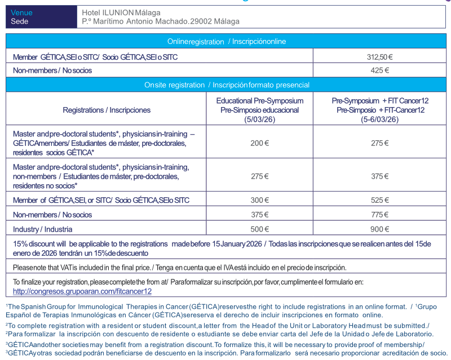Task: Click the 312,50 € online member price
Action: point(379,57)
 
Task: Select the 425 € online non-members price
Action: point(379,70)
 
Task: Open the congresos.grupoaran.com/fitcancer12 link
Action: point(82,291)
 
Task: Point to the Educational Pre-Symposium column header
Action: point(259,109)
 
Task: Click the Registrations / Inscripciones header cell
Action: point(107,110)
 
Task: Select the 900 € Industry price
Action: point(379,229)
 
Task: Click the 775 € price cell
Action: point(379,215)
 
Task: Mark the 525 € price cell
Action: point(379,200)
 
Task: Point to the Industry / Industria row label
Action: point(43,229)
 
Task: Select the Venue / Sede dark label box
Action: point(41,17)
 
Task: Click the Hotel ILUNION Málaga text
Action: point(121,12)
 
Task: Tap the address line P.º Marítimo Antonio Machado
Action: point(160,21)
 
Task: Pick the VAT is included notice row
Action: point(179,267)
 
